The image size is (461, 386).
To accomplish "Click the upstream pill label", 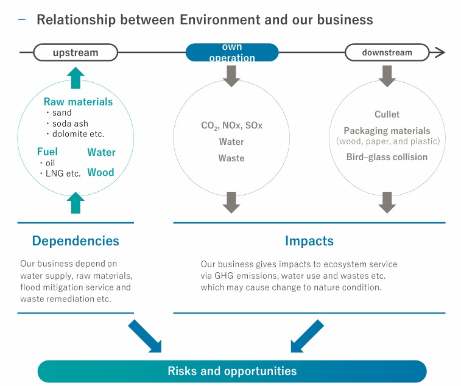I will pyautogui.click(x=75, y=52).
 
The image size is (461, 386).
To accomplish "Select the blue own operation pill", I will pyautogui.click(x=231, y=52).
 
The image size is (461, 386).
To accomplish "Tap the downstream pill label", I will pyautogui.click(x=387, y=52).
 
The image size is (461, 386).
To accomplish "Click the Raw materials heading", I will pyautogui.click(x=78, y=102).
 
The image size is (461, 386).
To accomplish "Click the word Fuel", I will pyautogui.click(x=48, y=152).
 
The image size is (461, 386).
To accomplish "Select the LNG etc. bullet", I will pyautogui.click(x=61, y=174).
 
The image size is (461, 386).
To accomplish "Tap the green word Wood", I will pyautogui.click(x=100, y=172).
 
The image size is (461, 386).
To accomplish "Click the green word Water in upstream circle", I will pyautogui.click(x=101, y=152).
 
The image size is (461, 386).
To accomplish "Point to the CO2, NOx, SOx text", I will pyautogui.click(x=231, y=125).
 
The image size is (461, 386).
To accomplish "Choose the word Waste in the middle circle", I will pyautogui.click(x=231, y=158).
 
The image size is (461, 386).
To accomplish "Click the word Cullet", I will pyautogui.click(x=387, y=114).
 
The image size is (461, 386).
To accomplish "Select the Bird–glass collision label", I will pyautogui.click(x=387, y=157).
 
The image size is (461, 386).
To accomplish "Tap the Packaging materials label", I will pyautogui.click(x=387, y=131).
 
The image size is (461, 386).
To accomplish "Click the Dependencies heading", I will pyautogui.click(x=76, y=240).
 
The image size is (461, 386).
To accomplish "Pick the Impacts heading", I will pyautogui.click(x=309, y=240).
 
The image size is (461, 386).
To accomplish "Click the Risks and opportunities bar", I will pyautogui.click(x=232, y=371).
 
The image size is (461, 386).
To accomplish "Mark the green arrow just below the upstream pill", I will pyautogui.click(x=75, y=79).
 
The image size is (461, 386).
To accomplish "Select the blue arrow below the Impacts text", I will pyautogui.click(x=306, y=337).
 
